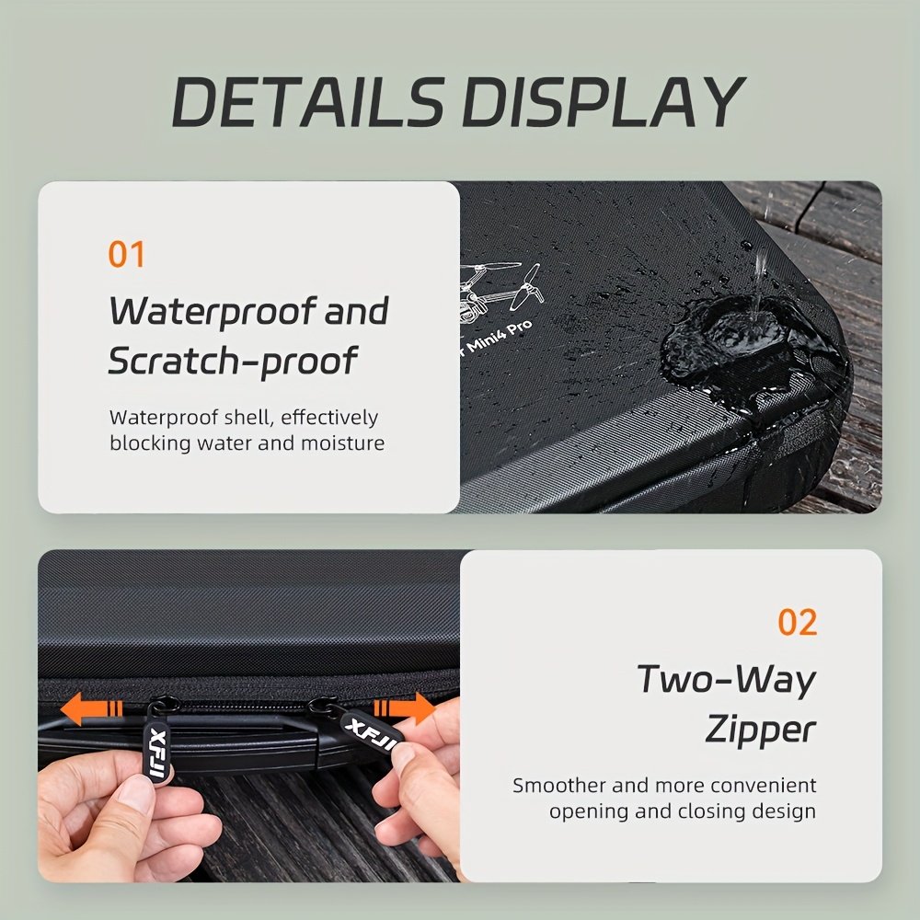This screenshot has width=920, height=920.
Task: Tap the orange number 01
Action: click(127, 255)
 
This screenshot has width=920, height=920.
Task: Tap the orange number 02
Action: click(797, 623)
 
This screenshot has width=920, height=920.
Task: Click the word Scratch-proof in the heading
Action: click(232, 362)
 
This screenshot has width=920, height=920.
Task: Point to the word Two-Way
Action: click(727, 680)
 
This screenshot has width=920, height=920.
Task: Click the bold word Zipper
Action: click(760, 730)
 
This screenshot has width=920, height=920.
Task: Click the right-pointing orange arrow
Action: click(405, 708)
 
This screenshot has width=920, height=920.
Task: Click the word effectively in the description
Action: click(328, 418)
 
